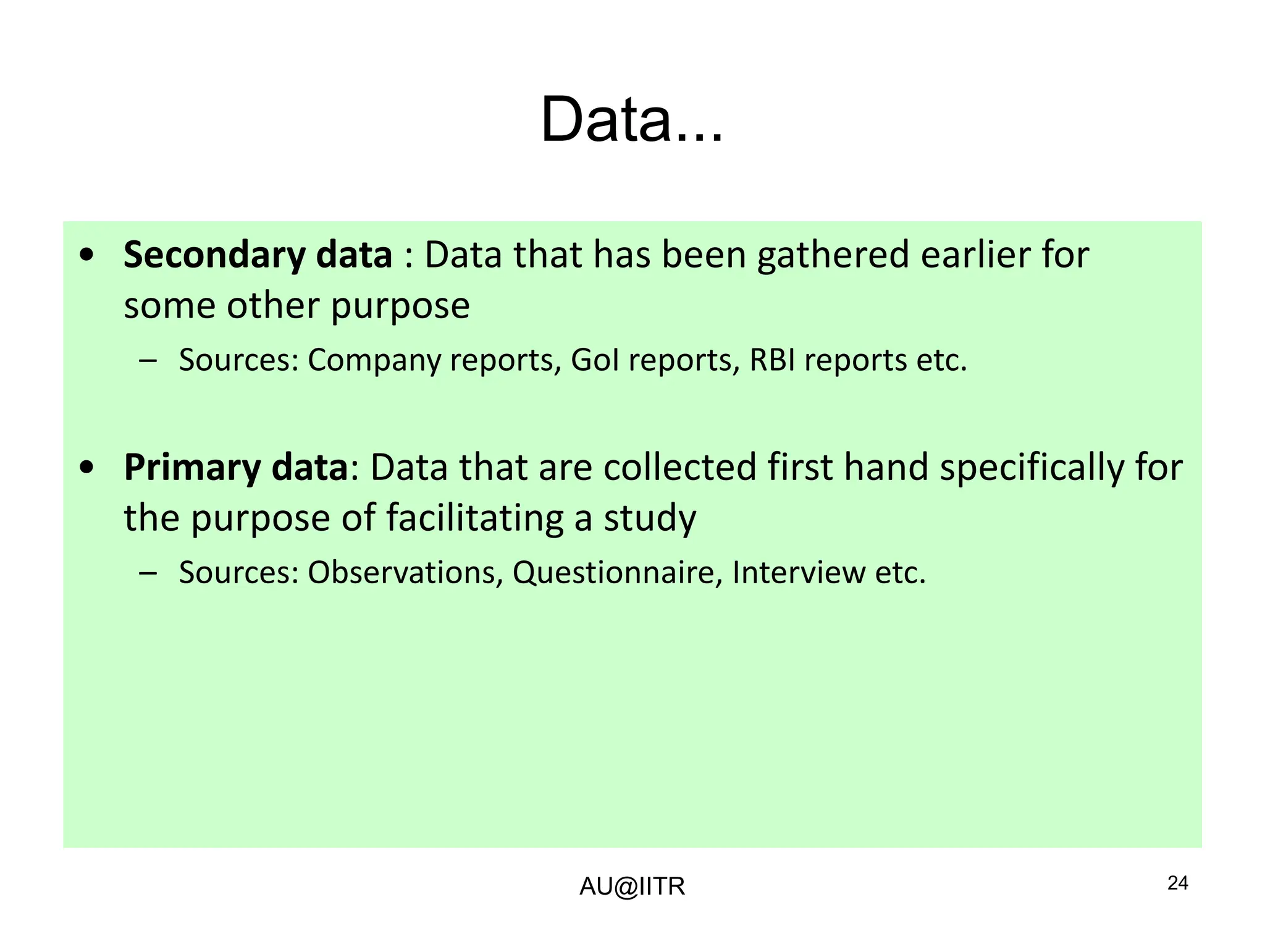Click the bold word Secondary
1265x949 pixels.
pos(213,255)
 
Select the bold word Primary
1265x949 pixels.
pos(192,468)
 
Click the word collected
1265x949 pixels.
pos(679,467)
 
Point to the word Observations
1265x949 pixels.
pos(401,573)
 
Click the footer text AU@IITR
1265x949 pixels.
pos(632,887)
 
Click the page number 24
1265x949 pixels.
pos(1178,884)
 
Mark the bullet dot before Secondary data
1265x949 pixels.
pos(87,255)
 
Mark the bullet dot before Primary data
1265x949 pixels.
pos(87,468)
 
